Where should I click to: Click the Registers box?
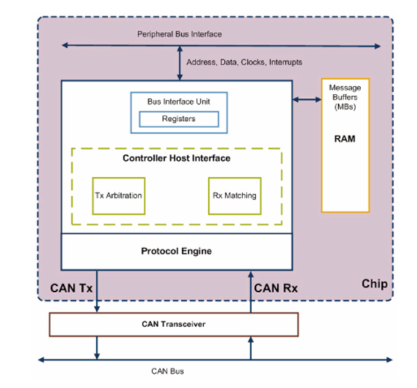(179, 119)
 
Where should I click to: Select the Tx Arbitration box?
(119, 196)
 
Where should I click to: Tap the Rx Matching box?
(234, 196)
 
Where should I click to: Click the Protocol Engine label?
(176, 251)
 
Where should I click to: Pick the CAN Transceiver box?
(173, 324)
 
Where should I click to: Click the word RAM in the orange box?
(345, 139)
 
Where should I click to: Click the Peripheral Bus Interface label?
(179, 34)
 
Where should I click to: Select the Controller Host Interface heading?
(176, 158)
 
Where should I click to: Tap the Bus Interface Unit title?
(179, 102)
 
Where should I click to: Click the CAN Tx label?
(71, 288)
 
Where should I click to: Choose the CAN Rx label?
(276, 288)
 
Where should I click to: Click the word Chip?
(374, 284)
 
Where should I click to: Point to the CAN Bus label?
(167, 371)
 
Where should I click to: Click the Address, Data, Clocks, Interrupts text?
(244, 62)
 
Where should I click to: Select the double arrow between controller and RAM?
(307, 99)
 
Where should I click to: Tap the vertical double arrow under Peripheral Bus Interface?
(179, 63)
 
